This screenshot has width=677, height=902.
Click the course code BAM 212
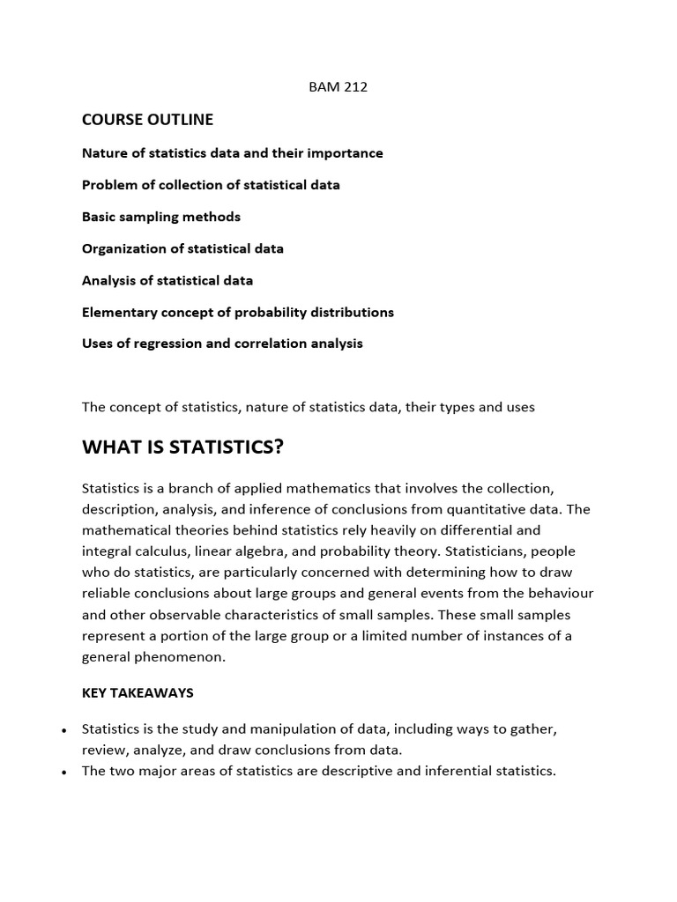point(338,87)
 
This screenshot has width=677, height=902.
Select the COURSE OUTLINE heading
point(147,119)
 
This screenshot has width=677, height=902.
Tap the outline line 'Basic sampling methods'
point(160,217)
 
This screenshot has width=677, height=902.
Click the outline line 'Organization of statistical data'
point(182,248)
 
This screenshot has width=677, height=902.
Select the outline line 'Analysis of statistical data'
point(167,280)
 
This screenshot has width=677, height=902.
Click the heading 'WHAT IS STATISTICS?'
point(182,447)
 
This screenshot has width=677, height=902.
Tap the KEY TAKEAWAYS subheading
point(138,692)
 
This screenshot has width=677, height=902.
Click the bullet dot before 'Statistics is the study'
point(64,731)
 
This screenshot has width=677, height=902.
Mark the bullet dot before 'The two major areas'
point(64,773)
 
